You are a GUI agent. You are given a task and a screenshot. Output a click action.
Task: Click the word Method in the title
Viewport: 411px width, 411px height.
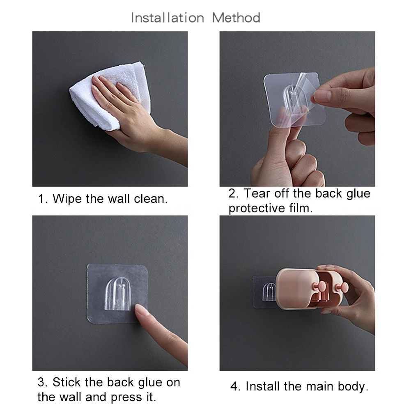click(236, 18)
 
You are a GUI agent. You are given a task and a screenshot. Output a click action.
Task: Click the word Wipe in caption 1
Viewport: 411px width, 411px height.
click(68, 199)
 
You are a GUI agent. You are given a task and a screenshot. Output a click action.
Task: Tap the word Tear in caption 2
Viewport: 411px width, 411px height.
click(258, 193)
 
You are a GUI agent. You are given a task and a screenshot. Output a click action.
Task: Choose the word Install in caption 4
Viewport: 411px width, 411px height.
click(262, 386)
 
